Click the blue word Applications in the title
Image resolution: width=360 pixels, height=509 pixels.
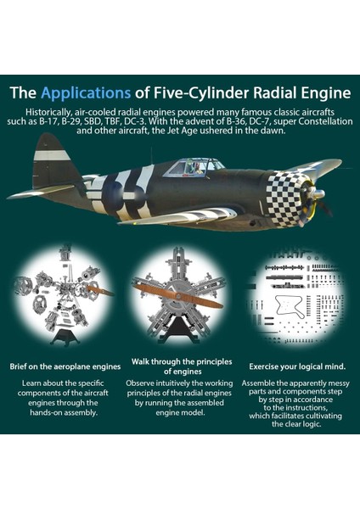(86, 93)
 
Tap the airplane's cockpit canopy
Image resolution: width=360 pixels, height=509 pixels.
(194, 168)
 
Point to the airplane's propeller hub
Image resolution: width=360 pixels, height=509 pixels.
(318, 194)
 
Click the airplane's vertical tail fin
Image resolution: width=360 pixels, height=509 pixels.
(53, 159)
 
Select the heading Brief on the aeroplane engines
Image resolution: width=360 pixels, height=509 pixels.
(65, 366)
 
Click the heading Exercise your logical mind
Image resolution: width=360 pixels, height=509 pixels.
(297, 366)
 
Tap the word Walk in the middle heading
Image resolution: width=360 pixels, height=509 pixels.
(140, 361)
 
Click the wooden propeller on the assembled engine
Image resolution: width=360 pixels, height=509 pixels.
(178, 295)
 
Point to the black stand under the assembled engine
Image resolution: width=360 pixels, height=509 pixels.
(178, 327)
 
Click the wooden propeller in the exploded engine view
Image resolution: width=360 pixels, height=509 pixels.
(100, 290)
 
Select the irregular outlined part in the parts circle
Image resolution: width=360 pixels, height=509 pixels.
(290, 305)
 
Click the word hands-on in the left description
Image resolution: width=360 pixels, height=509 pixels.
(46, 412)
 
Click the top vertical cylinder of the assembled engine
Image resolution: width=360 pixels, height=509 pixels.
(178, 267)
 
